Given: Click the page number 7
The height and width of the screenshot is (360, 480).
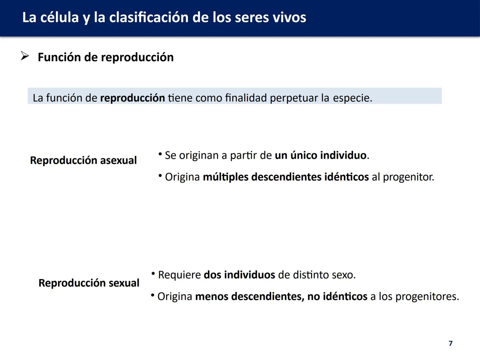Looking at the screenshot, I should [451, 343].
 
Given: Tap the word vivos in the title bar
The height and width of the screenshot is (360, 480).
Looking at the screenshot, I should [289, 18].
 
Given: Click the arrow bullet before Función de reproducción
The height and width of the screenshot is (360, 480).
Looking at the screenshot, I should [25, 56].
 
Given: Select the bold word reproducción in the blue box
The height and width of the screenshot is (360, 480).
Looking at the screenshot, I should [132, 98].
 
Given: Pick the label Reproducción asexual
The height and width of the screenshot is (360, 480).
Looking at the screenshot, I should [83, 160].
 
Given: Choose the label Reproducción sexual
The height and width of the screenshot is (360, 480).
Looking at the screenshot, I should [89, 283].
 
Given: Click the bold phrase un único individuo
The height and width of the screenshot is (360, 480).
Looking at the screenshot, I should [320, 155].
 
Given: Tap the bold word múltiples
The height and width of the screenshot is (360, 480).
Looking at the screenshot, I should [226, 177].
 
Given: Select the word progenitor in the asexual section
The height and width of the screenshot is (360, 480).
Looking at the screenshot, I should [408, 177].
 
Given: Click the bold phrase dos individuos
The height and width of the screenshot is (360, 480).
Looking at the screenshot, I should [239, 275].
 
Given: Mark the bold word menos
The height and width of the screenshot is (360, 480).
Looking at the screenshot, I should [212, 296].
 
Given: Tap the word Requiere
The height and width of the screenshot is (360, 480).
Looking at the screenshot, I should [179, 275].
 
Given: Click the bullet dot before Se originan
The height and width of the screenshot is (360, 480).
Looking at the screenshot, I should [160, 154].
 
